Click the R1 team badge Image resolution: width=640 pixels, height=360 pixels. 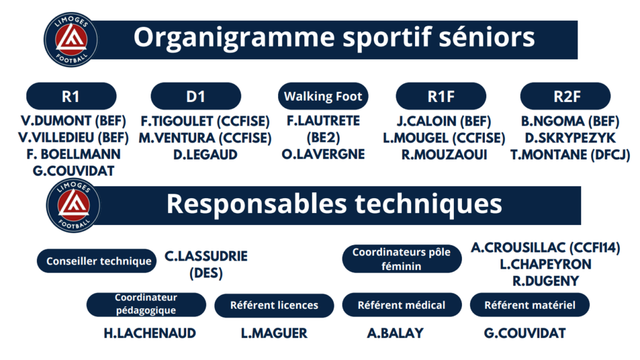coord(71,96)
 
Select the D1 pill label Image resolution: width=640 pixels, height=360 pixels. coord(196,96)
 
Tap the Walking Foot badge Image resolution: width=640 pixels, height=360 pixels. coord(323,96)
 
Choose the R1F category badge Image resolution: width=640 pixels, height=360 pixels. coord(441,96)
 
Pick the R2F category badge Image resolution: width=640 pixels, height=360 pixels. coord(566,96)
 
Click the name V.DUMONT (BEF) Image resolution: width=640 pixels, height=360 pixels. coord(74,121)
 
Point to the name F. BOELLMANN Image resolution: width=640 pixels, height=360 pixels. coord(74,154)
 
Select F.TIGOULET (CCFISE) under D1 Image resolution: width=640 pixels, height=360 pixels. coord(205,121)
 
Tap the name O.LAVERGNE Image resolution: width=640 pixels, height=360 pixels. coord(323,154)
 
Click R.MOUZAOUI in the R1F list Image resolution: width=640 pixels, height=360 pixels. coord(444,155)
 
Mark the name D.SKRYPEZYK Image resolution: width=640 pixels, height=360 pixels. coord(570,138)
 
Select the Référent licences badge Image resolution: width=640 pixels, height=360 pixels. coord(274,305)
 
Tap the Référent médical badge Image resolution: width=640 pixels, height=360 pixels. coord(402,305)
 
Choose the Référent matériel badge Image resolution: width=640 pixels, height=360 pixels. coord(530,305)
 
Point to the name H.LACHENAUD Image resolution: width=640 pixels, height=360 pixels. coord(150,334)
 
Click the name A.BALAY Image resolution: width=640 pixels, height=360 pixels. coord(395,334)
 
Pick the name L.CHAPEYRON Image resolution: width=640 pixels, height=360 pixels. coord(546,264)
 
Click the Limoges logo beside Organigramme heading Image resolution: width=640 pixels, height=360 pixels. coord(71,39)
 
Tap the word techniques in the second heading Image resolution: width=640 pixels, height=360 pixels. coord(428,204)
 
